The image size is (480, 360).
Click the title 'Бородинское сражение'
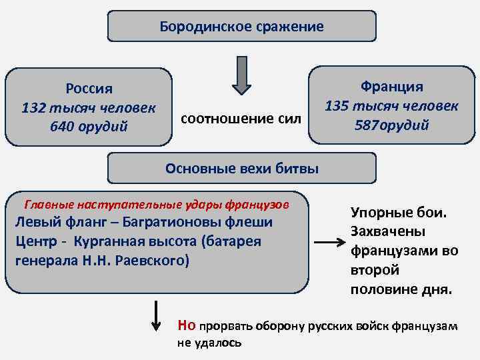242,27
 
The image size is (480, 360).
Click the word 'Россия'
89,89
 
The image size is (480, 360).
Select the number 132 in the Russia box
34,107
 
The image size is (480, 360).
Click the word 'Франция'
391,87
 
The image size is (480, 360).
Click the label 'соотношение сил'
241,119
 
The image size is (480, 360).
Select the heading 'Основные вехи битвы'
242,169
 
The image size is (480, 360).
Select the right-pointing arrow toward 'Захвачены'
328,243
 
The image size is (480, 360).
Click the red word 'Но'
187,325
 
